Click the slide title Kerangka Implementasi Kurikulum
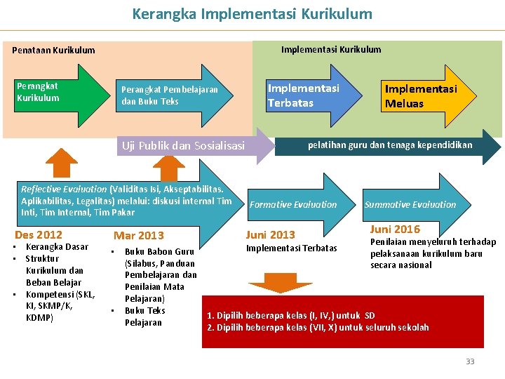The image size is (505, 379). click(x=252, y=14)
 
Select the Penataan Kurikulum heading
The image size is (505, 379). click(x=53, y=51)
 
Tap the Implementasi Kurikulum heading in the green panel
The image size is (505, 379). click(x=331, y=49)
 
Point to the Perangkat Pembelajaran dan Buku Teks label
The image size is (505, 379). click(x=170, y=95)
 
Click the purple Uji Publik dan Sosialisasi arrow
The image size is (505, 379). click(x=184, y=146)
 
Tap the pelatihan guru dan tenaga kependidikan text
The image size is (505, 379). click(x=390, y=145)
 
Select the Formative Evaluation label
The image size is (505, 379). click(x=293, y=205)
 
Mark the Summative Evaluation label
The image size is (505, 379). click(x=410, y=205)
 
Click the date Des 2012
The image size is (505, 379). click(x=39, y=235)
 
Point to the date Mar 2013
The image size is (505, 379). click(x=138, y=236)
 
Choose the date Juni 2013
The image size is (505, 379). click(x=270, y=235)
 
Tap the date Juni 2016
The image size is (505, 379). click(x=395, y=230)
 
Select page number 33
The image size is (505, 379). click(x=470, y=361)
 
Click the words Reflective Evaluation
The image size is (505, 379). click(x=64, y=189)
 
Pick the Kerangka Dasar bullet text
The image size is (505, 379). click(x=57, y=247)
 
